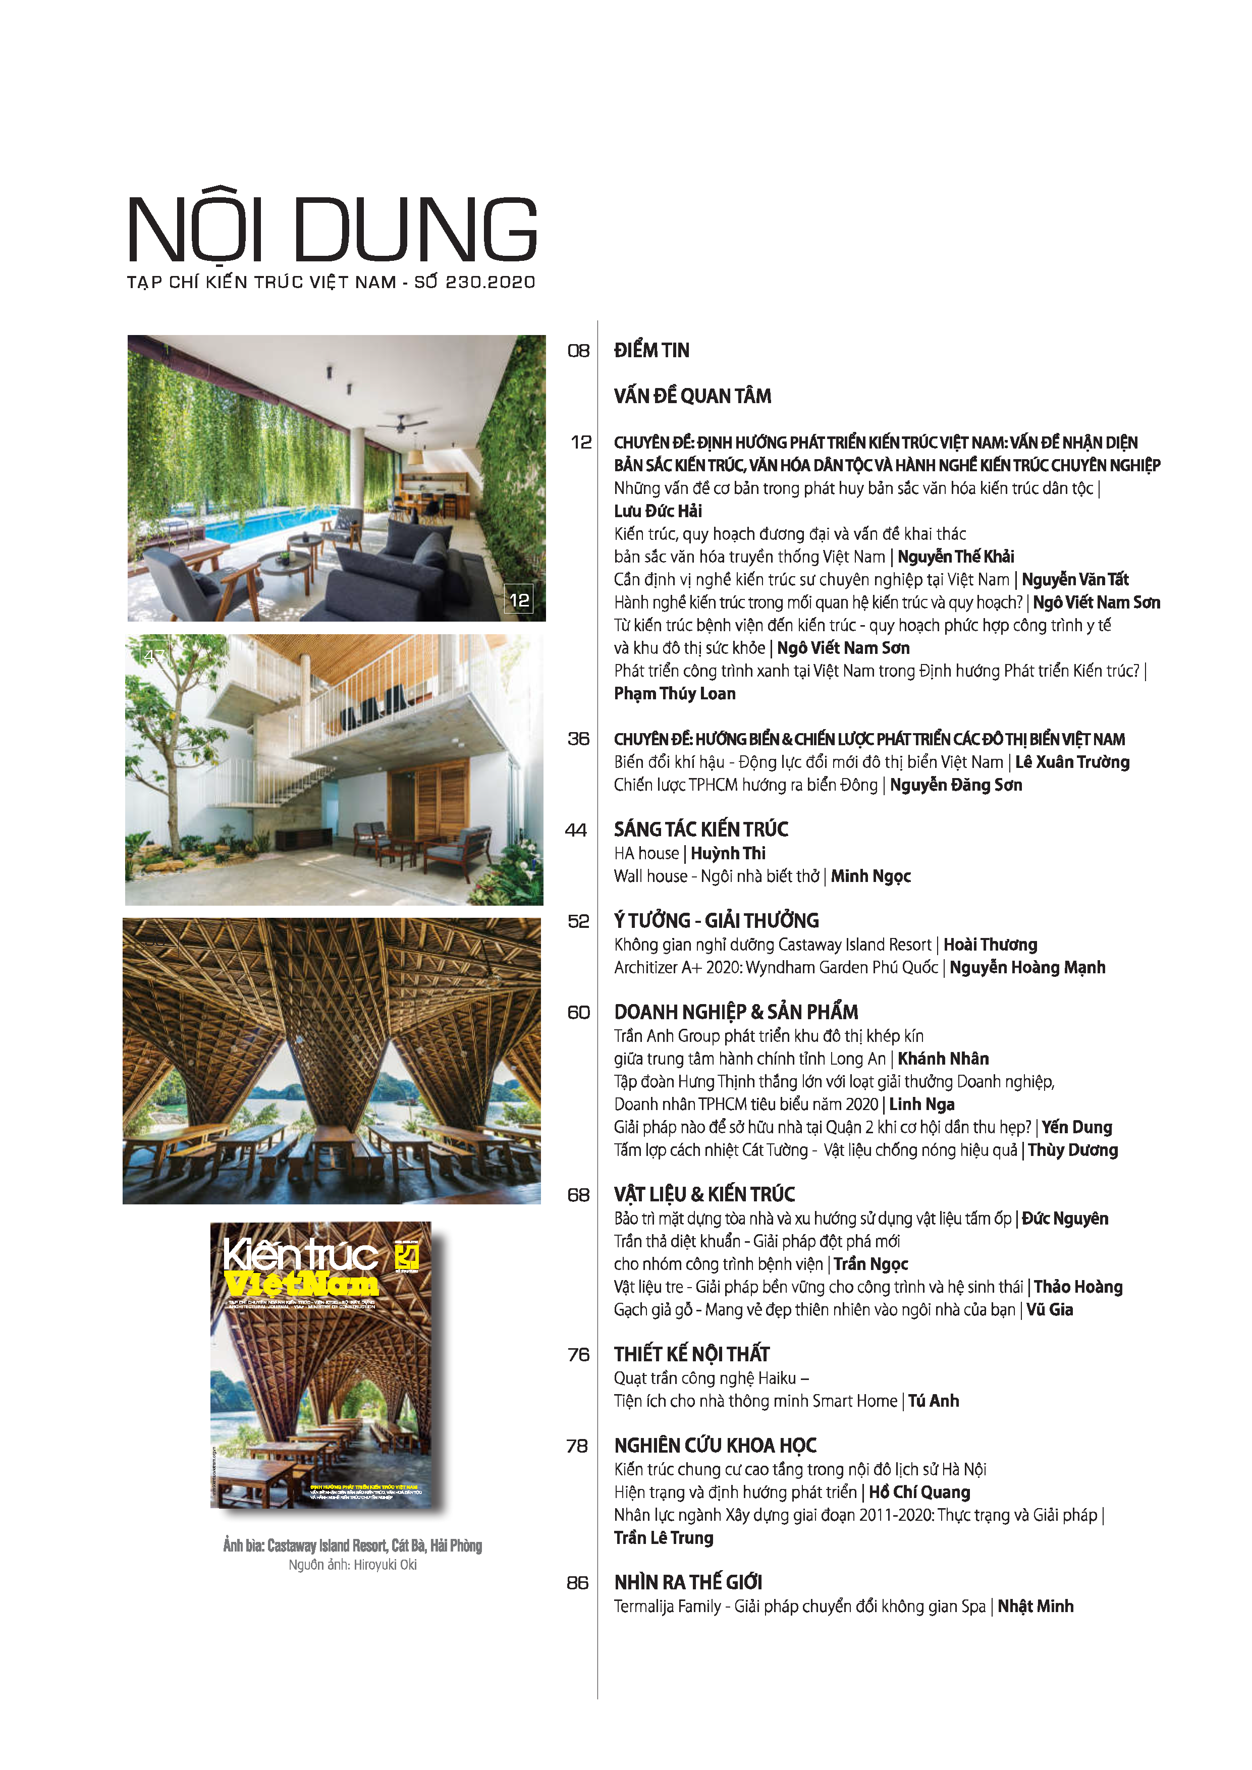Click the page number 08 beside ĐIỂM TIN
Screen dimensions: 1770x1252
(578, 351)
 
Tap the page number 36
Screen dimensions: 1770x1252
(578, 739)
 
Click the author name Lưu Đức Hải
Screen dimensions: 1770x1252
(658, 511)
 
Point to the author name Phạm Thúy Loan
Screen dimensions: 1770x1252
(675, 694)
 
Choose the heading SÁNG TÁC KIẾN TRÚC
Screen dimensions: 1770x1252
(701, 829)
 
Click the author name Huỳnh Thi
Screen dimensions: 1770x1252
(728, 853)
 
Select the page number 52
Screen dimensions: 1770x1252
(578, 921)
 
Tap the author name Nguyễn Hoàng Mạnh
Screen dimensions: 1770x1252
(1027, 967)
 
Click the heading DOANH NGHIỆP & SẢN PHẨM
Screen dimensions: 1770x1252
(735, 1012)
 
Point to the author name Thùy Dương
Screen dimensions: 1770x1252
(1072, 1150)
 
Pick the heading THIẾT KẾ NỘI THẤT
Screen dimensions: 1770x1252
(691, 1354)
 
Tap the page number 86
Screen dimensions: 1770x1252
(577, 1583)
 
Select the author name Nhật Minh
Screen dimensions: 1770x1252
(1036, 1607)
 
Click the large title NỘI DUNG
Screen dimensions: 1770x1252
(332, 230)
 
